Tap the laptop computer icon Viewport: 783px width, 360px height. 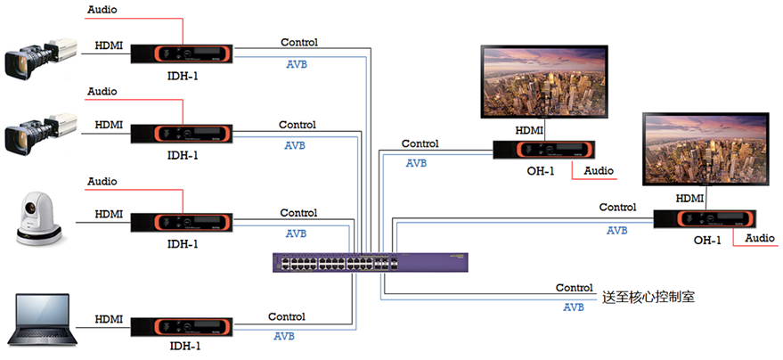(x=39, y=320)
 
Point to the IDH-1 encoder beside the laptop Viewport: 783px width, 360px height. (x=182, y=326)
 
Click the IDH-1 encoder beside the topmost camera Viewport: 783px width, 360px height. (x=182, y=54)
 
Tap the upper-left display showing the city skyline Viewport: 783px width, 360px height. (x=543, y=81)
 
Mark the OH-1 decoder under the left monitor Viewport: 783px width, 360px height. (x=544, y=151)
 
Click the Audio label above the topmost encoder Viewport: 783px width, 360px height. (x=102, y=10)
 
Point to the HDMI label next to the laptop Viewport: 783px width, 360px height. (x=109, y=318)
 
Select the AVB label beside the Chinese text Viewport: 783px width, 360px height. (x=574, y=307)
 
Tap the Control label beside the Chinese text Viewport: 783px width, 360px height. (x=574, y=288)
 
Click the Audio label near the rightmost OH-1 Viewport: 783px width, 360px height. (x=760, y=238)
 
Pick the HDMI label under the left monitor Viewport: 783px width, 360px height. (x=530, y=130)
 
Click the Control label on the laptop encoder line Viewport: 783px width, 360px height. (x=286, y=316)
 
